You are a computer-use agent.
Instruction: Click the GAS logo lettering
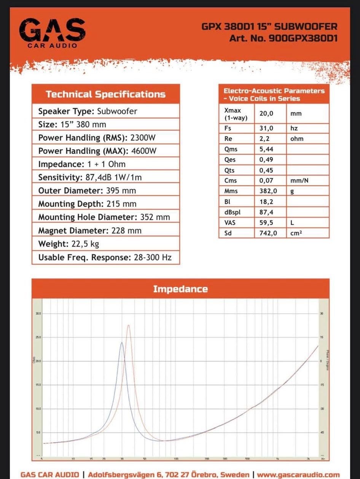point(52,31)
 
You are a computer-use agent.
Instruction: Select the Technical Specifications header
point(105,94)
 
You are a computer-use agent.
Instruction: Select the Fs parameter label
point(228,129)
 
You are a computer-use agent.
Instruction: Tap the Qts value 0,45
point(266,170)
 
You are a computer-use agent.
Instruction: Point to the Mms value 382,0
point(268,191)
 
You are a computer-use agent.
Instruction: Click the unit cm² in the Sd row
point(296,233)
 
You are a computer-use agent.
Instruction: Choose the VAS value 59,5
point(266,223)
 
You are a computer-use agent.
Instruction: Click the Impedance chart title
point(180,289)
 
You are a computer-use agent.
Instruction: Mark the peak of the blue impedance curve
point(122,343)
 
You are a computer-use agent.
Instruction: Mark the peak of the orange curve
point(129,325)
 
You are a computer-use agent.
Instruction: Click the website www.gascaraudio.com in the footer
point(298,474)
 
